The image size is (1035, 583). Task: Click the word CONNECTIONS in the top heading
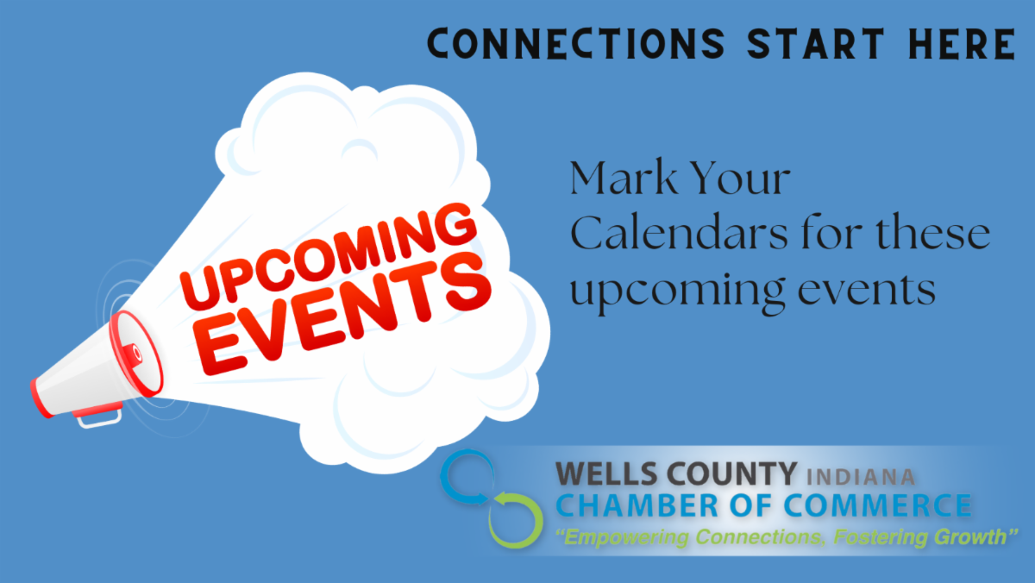576,43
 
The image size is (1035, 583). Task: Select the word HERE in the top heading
962,43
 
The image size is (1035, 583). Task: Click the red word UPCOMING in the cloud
329,256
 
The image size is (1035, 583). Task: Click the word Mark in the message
624,178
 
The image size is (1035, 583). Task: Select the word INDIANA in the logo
861,477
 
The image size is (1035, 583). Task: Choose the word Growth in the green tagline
973,537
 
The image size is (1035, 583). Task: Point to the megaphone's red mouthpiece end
41,398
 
